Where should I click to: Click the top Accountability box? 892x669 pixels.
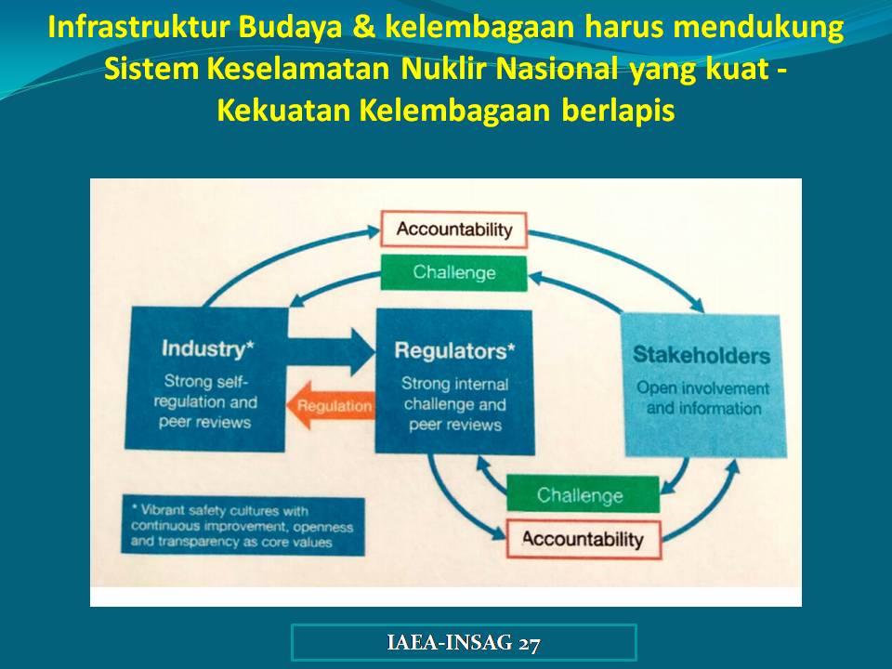click(x=454, y=230)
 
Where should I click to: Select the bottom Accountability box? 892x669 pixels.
click(x=584, y=539)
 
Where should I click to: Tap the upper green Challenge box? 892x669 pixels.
click(x=454, y=272)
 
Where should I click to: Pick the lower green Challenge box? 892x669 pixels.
click(x=583, y=494)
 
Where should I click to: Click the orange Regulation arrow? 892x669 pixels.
click(x=331, y=405)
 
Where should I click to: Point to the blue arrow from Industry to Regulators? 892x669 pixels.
click(x=331, y=351)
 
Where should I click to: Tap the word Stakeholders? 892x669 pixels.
click(x=702, y=355)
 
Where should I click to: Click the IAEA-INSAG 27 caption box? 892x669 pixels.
click(x=464, y=642)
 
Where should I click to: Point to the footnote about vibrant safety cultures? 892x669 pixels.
click(x=243, y=526)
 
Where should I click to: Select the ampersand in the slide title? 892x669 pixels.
click(x=364, y=27)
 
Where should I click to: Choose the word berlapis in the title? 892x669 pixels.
click(x=618, y=111)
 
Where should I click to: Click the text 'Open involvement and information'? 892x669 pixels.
click(x=703, y=399)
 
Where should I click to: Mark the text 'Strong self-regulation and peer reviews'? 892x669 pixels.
click(x=205, y=401)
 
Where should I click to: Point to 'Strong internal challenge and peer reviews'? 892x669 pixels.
click(x=455, y=404)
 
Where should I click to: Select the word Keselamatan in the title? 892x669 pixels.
click(x=298, y=69)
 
